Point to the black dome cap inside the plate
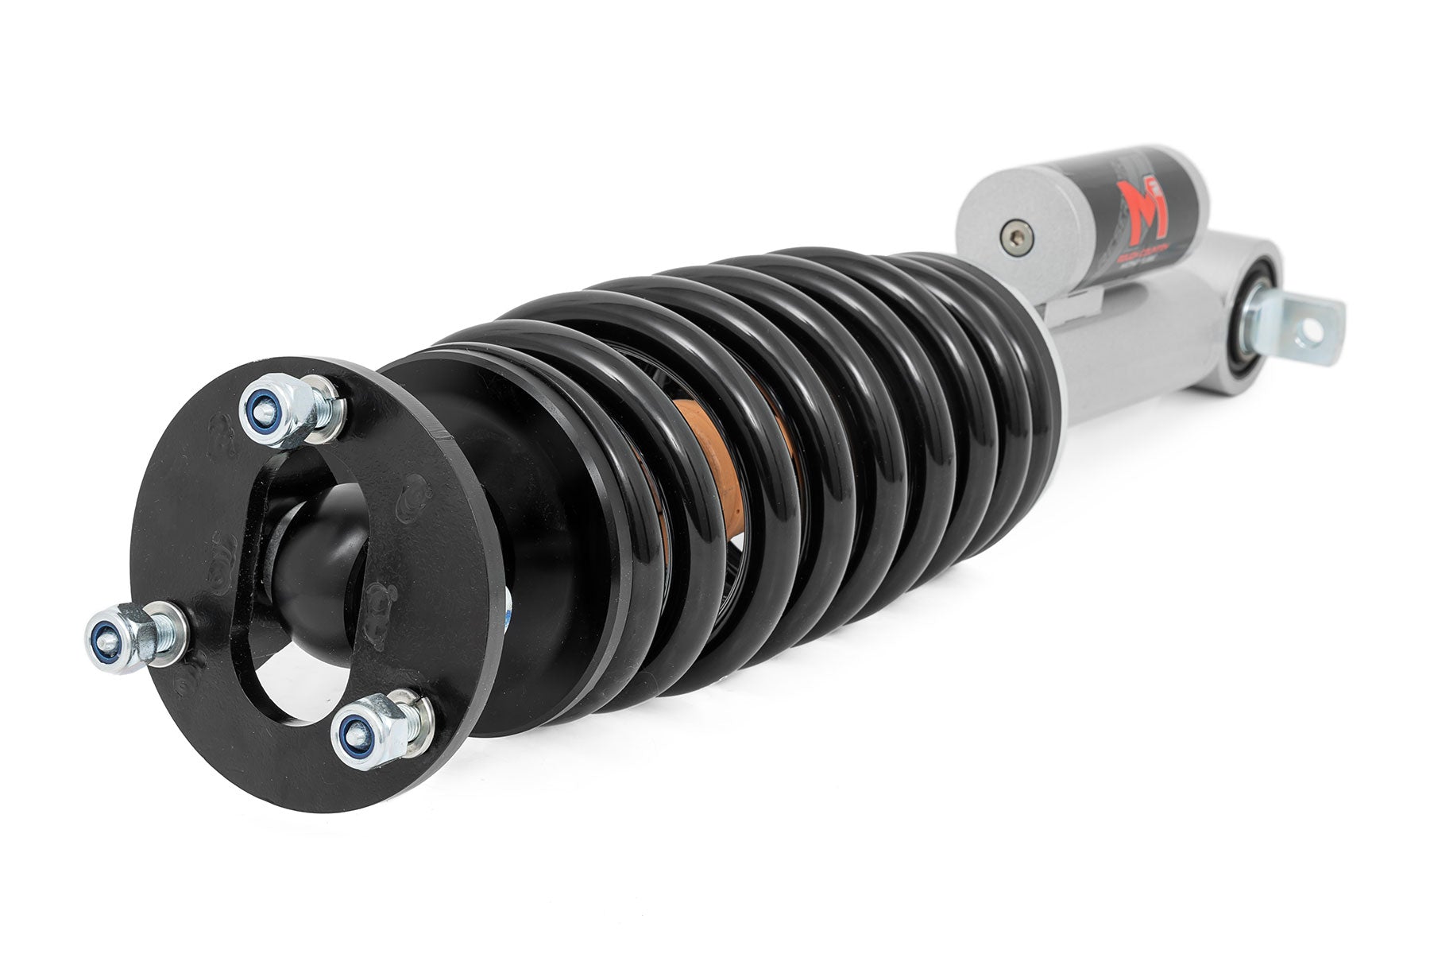(318, 556)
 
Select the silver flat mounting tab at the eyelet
(1303, 326)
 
